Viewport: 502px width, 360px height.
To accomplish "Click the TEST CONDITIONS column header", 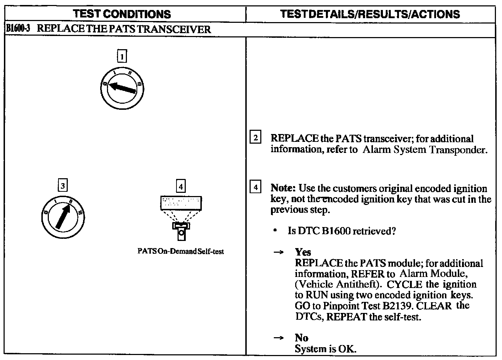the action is (122, 14).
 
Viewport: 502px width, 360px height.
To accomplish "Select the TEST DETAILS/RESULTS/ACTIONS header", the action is (370, 14).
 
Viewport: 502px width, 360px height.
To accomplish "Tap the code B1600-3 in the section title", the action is (20, 29).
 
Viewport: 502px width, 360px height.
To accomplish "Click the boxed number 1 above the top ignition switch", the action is (122, 56).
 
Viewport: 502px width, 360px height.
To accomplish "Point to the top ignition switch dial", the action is (122, 87).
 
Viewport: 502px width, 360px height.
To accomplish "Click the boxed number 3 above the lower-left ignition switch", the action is (63, 185).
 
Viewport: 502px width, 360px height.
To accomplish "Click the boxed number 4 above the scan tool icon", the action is (181, 186).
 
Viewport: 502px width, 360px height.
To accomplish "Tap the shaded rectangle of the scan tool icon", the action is (181, 204).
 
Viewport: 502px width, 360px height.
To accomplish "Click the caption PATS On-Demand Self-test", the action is (181, 251).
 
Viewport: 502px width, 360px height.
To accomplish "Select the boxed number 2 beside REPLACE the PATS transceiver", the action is (256, 138).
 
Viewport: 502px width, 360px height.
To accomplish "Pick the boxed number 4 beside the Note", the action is (256, 187).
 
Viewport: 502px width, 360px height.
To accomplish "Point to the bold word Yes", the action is (303, 252).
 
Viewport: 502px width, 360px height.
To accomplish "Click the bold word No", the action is (301, 338).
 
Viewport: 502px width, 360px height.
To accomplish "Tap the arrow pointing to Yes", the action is (278, 253).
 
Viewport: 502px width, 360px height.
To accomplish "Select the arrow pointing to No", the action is (278, 338).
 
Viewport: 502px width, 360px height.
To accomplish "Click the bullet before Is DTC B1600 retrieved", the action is (275, 231).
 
